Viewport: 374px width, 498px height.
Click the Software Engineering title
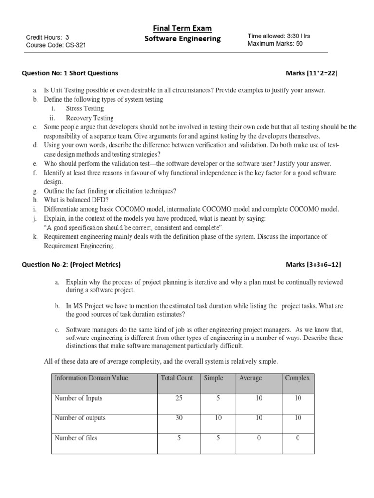183,39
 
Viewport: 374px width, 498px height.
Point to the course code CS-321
56,46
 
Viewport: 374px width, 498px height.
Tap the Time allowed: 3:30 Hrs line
279,36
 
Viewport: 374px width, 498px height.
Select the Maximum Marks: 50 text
275,44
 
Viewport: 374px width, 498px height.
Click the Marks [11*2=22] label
311,73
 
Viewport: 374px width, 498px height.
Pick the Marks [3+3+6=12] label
313,265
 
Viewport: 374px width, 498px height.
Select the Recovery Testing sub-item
90,118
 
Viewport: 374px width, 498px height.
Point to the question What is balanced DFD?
73,200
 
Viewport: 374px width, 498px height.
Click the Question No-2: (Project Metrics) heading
71,265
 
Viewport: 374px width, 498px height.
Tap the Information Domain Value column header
92,378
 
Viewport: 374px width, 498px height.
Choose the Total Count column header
177,378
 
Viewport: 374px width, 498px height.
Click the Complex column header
298,378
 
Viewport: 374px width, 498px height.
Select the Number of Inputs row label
78,398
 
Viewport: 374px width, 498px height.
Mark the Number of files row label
76,438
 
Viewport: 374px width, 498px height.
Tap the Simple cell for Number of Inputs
218,398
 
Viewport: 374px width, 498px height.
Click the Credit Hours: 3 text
47,37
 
